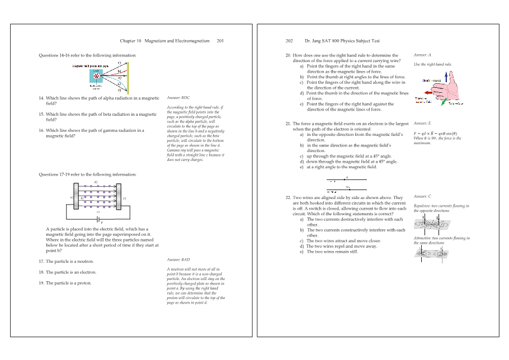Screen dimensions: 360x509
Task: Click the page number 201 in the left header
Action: point(220,41)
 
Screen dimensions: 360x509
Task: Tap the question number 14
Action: point(41,98)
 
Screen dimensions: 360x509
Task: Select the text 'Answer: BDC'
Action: point(178,98)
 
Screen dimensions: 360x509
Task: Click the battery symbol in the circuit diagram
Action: point(99,219)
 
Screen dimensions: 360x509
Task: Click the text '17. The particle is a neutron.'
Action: point(66,262)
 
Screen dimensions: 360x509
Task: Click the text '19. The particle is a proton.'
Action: point(65,283)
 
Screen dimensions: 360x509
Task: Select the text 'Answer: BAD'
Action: point(178,260)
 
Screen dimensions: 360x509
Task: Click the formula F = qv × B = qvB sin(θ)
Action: point(437,134)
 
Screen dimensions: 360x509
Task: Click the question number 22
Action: point(288,197)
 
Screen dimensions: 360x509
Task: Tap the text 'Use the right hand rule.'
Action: point(432,65)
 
